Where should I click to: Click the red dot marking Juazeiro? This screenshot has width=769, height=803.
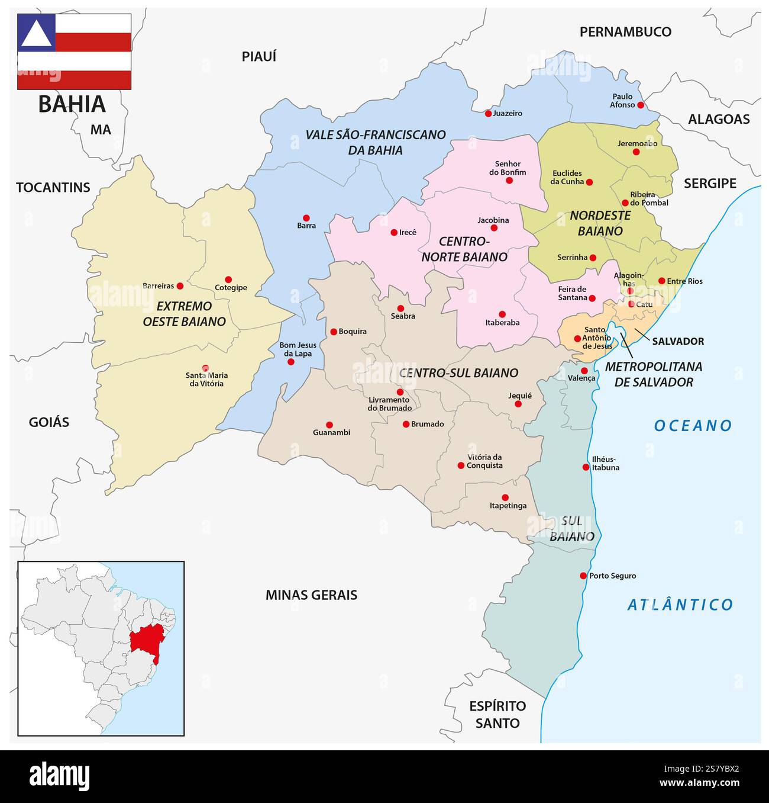click(x=488, y=113)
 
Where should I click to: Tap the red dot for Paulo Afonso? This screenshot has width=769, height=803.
click(x=640, y=105)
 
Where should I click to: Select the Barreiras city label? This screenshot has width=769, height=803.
click(x=159, y=286)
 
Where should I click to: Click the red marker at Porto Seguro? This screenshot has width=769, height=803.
click(x=583, y=576)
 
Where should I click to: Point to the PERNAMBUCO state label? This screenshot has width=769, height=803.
click(x=625, y=32)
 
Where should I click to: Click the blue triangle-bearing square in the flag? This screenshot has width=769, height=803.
click(x=36, y=33)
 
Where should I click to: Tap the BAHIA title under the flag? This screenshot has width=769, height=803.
click(x=72, y=104)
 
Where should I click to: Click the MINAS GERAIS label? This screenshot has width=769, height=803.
click(x=311, y=595)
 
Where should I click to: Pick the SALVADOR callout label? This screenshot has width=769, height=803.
click(x=678, y=342)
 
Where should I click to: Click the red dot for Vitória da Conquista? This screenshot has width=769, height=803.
click(x=461, y=465)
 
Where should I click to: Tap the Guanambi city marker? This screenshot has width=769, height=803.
click(x=329, y=425)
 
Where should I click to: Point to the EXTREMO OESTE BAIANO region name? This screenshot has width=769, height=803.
click(x=184, y=314)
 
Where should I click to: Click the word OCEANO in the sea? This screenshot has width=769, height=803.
click(x=693, y=426)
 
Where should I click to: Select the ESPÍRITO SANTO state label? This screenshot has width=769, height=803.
click(x=497, y=714)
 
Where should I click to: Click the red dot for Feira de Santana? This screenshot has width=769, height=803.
click(x=592, y=298)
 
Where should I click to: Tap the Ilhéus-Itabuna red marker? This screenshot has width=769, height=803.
click(x=586, y=467)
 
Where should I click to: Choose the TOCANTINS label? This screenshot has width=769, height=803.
click(x=53, y=188)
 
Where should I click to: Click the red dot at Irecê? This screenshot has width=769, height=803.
click(x=394, y=233)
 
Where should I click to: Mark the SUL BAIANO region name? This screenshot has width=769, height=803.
click(x=571, y=529)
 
